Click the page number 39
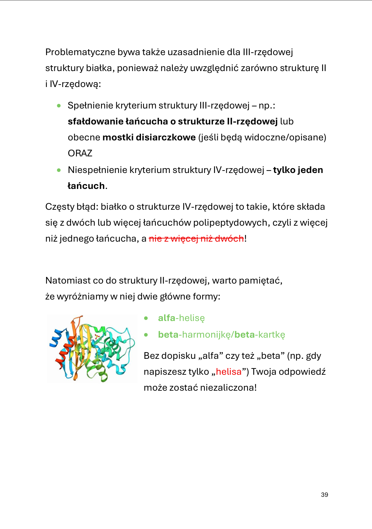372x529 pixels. [324, 495]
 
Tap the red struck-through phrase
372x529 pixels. [196, 239]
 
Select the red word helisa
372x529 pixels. [229, 372]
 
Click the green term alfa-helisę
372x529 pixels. [181, 318]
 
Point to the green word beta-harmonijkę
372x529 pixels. [195, 335]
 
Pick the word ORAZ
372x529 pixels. [80, 153]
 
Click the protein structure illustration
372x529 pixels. [92, 348]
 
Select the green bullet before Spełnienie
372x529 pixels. [59, 106]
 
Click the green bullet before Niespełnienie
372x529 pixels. [59, 170]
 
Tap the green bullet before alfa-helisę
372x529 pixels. [146, 318]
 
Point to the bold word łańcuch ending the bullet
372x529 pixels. [86, 186]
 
